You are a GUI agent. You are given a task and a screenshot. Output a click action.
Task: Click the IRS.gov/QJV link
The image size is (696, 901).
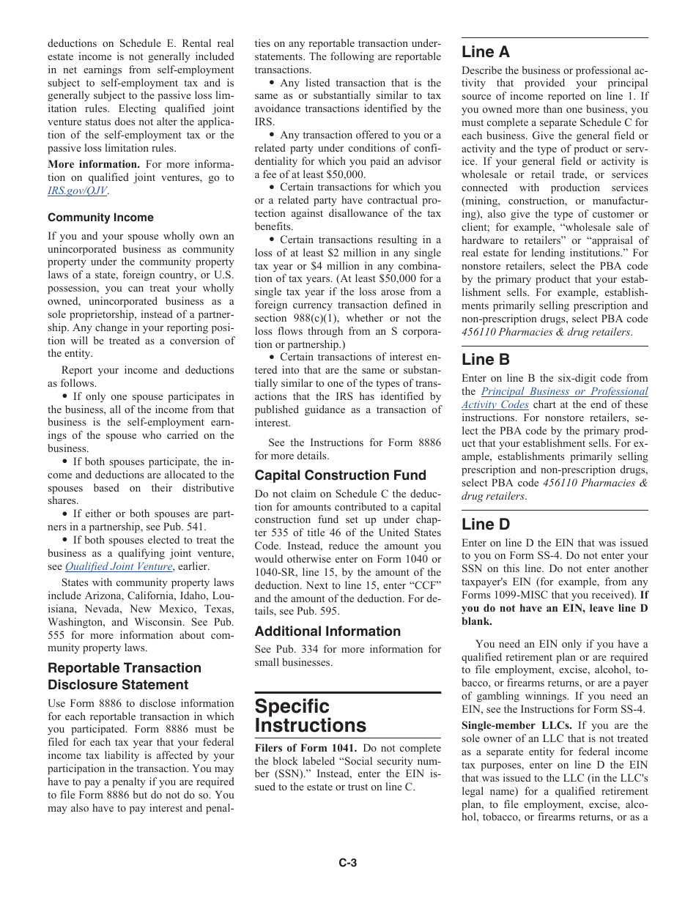pyautogui.click(x=78, y=190)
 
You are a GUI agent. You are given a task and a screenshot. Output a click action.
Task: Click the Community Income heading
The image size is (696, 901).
pyautogui.click(x=100, y=218)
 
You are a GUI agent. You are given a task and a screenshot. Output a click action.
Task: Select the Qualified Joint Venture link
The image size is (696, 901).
pyautogui.click(x=118, y=566)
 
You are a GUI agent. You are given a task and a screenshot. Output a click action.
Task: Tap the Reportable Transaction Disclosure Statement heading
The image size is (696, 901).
pyautogui.click(x=124, y=676)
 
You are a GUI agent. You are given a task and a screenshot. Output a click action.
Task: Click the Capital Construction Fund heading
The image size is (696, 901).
pyautogui.click(x=340, y=475)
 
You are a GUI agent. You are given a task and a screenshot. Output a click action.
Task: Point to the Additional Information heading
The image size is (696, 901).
pyautogui.click(x=327, y=631)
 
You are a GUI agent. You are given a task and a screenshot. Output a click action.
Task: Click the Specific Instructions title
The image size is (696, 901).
pyautogui.click(x=310, y=716)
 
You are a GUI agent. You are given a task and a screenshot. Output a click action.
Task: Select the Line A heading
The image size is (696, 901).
pyautogui.click(x=485, y=51)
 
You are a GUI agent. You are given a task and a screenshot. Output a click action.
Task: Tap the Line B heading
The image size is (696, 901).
pyautogui.click(x=485, y=359)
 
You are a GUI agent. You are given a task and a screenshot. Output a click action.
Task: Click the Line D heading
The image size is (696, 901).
pyautogui.click(x=485, y=524)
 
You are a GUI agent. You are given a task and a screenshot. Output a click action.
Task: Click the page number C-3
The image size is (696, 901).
pyautogui.click(x=347, y=863)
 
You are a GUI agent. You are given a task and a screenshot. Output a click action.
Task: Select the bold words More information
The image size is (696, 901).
pyautogui.click(x=94, y=164)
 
